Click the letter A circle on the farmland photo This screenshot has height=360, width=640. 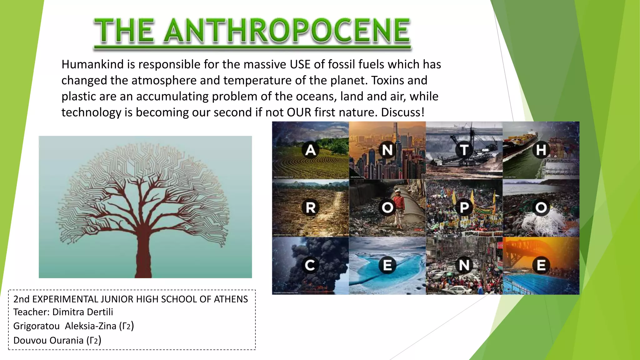click(310, 150)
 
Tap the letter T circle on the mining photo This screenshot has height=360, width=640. click(464, 150)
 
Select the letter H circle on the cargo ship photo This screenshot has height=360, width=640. click(541, 150)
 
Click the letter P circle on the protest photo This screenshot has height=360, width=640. click(464, 207)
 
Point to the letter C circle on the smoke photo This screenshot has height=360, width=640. click(310, 265)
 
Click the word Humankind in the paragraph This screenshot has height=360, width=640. click(92, 64)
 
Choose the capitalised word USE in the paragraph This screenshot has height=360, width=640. click(300, 64)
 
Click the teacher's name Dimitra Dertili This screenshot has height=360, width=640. click(82, 312)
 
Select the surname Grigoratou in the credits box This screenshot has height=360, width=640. click(36, 326)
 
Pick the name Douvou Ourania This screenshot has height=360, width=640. click(48, 340)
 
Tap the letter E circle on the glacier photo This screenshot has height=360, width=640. click(387, 265)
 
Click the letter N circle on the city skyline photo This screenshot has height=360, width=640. click(387, 150)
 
